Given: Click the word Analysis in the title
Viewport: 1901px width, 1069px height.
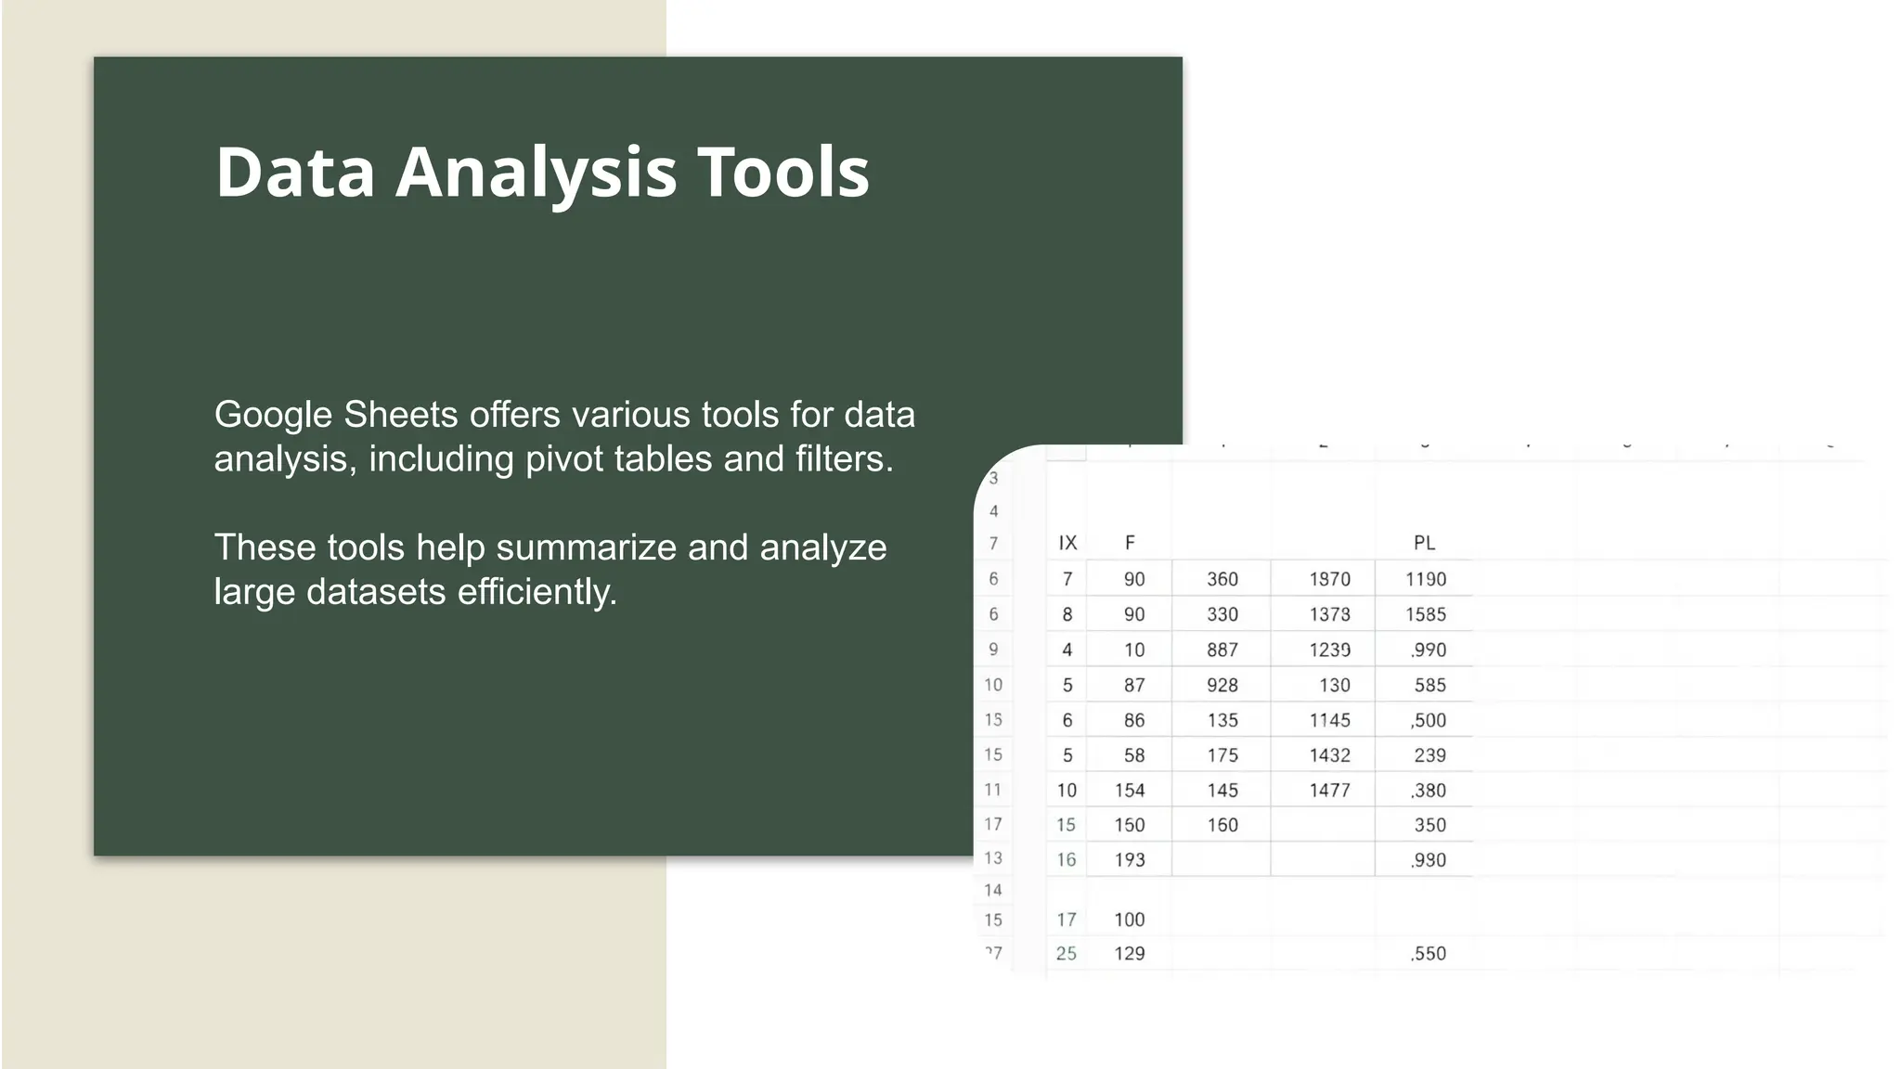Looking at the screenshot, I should click(x=537, y=174).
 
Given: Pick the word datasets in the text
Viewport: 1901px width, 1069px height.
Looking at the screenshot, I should click(x=376, y=592).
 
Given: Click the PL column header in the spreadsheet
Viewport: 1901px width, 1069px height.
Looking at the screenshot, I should click(x=1424, y=543).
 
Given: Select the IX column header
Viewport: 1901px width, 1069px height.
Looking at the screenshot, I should click(x=1067, y=543).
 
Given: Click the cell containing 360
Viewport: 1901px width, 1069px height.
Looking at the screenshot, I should click(x=1222, y=579).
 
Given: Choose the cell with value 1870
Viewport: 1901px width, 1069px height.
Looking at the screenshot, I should click(x=1329, y=579).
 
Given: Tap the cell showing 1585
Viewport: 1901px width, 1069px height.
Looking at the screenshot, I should click(x=1425, y=614).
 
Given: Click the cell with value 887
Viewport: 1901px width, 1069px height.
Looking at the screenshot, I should click(x=1222, y=650).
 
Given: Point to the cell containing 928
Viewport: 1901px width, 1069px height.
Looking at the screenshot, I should click(x=1222, y=685).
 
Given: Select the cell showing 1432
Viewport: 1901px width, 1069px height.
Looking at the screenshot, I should click(x=1329, y=755).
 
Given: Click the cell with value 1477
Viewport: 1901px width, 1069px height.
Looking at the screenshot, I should click(x=1329, y=791).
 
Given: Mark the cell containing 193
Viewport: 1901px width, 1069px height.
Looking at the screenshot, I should click(x=1129, y=859).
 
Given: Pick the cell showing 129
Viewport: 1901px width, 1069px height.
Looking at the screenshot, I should click(x=1129, y=953).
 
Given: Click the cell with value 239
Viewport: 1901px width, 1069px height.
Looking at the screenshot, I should click(x=1429, y=755).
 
